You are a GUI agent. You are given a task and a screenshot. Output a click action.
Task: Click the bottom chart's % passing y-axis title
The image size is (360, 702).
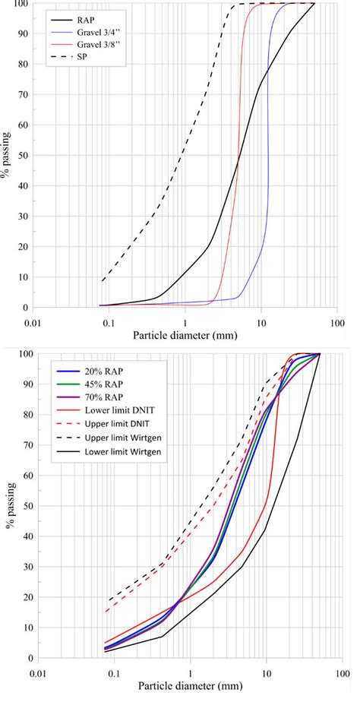(8, 505)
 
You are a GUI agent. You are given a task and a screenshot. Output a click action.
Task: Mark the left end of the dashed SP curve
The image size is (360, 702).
(103, 281)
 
